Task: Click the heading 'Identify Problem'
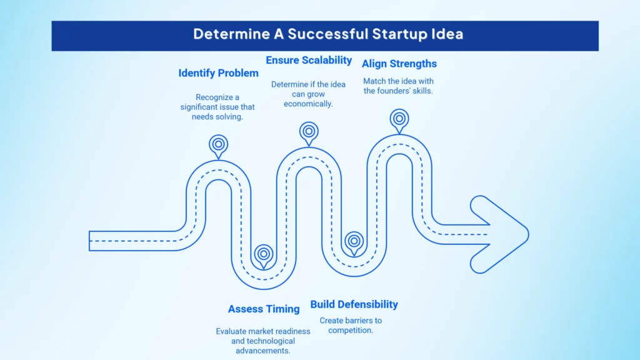(x=218, y=73)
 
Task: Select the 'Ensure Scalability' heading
(x=309, y=60)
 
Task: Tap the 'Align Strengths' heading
(x=399, y=63)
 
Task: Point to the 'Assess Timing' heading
(x=262, y=309)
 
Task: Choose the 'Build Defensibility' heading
(x=354, y=304)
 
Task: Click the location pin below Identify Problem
(x=218, y=145)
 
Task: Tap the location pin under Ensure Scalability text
(x=308, y=132)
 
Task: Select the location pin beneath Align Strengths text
(x=399, y=119)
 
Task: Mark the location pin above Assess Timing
(x=264, y=254)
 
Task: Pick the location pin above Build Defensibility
(x=354, y=241)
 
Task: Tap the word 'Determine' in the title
(x=224, y=34)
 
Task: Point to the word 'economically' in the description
(x=308, y=104)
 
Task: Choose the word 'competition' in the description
(x=349, y=330)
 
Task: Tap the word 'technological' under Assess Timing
(x=262, y=341)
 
